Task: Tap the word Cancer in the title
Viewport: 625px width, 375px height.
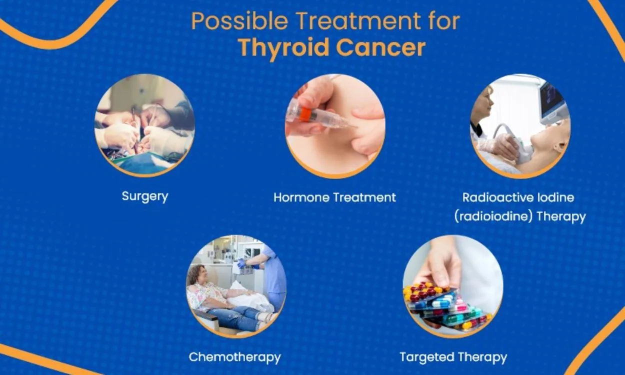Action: pyautogui.click(x=381, y=47)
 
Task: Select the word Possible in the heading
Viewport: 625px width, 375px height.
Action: pyautogui.click(x=239, y=21)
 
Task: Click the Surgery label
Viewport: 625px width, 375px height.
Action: pyautogui.click(x=145, y=196)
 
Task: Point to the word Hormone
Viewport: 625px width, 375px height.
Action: pyautogui.click(x=301, y=197)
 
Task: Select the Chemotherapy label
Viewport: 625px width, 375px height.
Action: pyautogui.click(x=234, y=357)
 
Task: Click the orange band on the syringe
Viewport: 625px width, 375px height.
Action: pyautogui.click(x=305, y=114)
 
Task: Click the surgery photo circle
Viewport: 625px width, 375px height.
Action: pyautogui.click(x=145, y=125)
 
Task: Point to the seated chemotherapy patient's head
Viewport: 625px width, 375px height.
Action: pyautogui.click(x=197, y=274)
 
